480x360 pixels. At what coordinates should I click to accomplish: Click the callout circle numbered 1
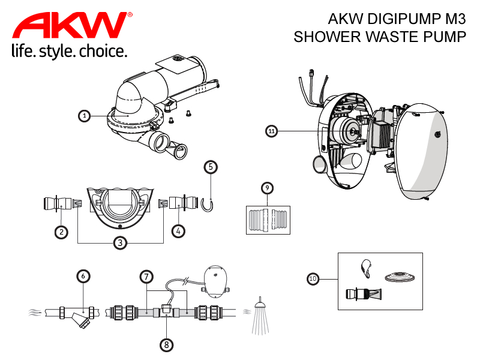pos(85,116)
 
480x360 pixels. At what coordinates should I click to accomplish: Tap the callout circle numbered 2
pos(61,230)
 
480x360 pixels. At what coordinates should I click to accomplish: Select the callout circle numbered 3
pos(121,242)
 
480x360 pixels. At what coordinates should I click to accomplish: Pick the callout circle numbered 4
pos(178,230)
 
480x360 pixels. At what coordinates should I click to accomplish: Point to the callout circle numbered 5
pos(210,166)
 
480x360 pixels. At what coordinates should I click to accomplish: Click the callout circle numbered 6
pos(84,276)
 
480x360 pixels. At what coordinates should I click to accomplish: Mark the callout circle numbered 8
pos(166,344)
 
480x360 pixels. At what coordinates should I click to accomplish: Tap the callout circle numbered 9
pos(268,188)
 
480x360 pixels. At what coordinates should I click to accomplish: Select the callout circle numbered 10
pos(313,279)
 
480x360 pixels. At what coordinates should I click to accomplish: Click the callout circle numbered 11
pos(272,130)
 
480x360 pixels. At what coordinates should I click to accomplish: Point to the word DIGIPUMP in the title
pos(397,18)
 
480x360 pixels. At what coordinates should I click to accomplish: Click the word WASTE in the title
pos(389,37)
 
